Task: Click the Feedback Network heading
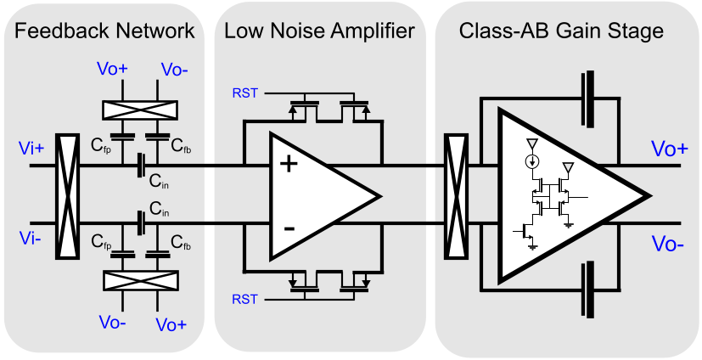coord(105,32)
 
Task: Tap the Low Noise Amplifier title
coord(319,32)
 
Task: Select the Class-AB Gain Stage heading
coord(561,32)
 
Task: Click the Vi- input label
coord(30,237)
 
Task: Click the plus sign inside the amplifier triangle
coord(289,163)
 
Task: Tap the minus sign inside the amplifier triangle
coord(289,228)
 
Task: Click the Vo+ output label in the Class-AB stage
coord(670,149)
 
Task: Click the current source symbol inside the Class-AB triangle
coord(531,160)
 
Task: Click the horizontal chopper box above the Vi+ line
coord(139,109)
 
